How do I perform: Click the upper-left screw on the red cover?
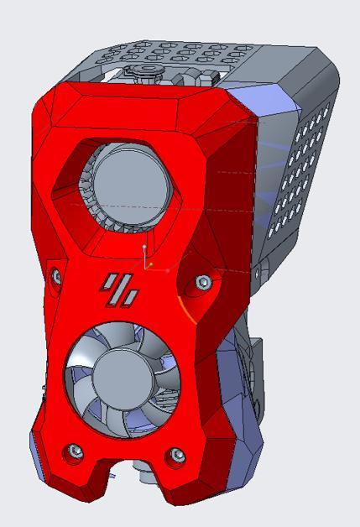click(x=55, y=274)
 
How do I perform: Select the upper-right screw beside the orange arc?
click(x=202, y=283)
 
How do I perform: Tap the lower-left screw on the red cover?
click(x=76, y=451)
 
